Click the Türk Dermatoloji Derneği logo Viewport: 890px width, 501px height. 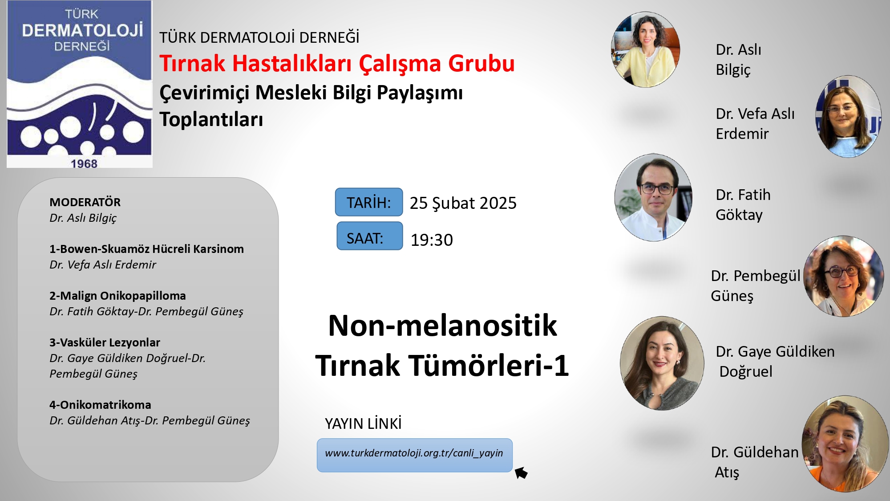[80, 84]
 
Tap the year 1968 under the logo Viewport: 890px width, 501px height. [84, 164]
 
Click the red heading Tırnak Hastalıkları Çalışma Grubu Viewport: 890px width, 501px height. [337, 63]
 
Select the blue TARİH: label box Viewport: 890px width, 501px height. [369, 202]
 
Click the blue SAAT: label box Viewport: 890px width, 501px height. [369, 236]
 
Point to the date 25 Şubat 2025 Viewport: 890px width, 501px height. [463, 204]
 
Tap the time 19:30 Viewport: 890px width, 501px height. [431, 240]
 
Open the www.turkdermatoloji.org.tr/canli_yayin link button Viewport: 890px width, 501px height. [415, 455]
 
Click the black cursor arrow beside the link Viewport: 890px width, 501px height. [521, 472]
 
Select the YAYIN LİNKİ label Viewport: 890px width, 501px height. [363, 424]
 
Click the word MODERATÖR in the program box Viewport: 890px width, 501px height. [85, 202]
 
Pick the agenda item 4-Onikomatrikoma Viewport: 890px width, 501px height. [100, 405]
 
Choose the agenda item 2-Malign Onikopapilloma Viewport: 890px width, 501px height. [117, 296]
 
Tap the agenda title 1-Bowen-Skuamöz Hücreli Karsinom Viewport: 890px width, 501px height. [146, 249]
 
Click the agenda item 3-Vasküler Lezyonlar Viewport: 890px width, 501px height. [105, 342]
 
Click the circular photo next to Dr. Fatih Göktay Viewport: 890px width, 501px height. [653, 198]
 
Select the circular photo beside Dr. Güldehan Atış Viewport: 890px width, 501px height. [845, 444]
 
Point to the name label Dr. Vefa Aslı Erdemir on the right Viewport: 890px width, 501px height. [755, 123]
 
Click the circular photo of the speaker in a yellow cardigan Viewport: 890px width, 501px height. [646, 49]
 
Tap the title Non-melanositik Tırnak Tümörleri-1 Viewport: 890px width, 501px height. [442, 345]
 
